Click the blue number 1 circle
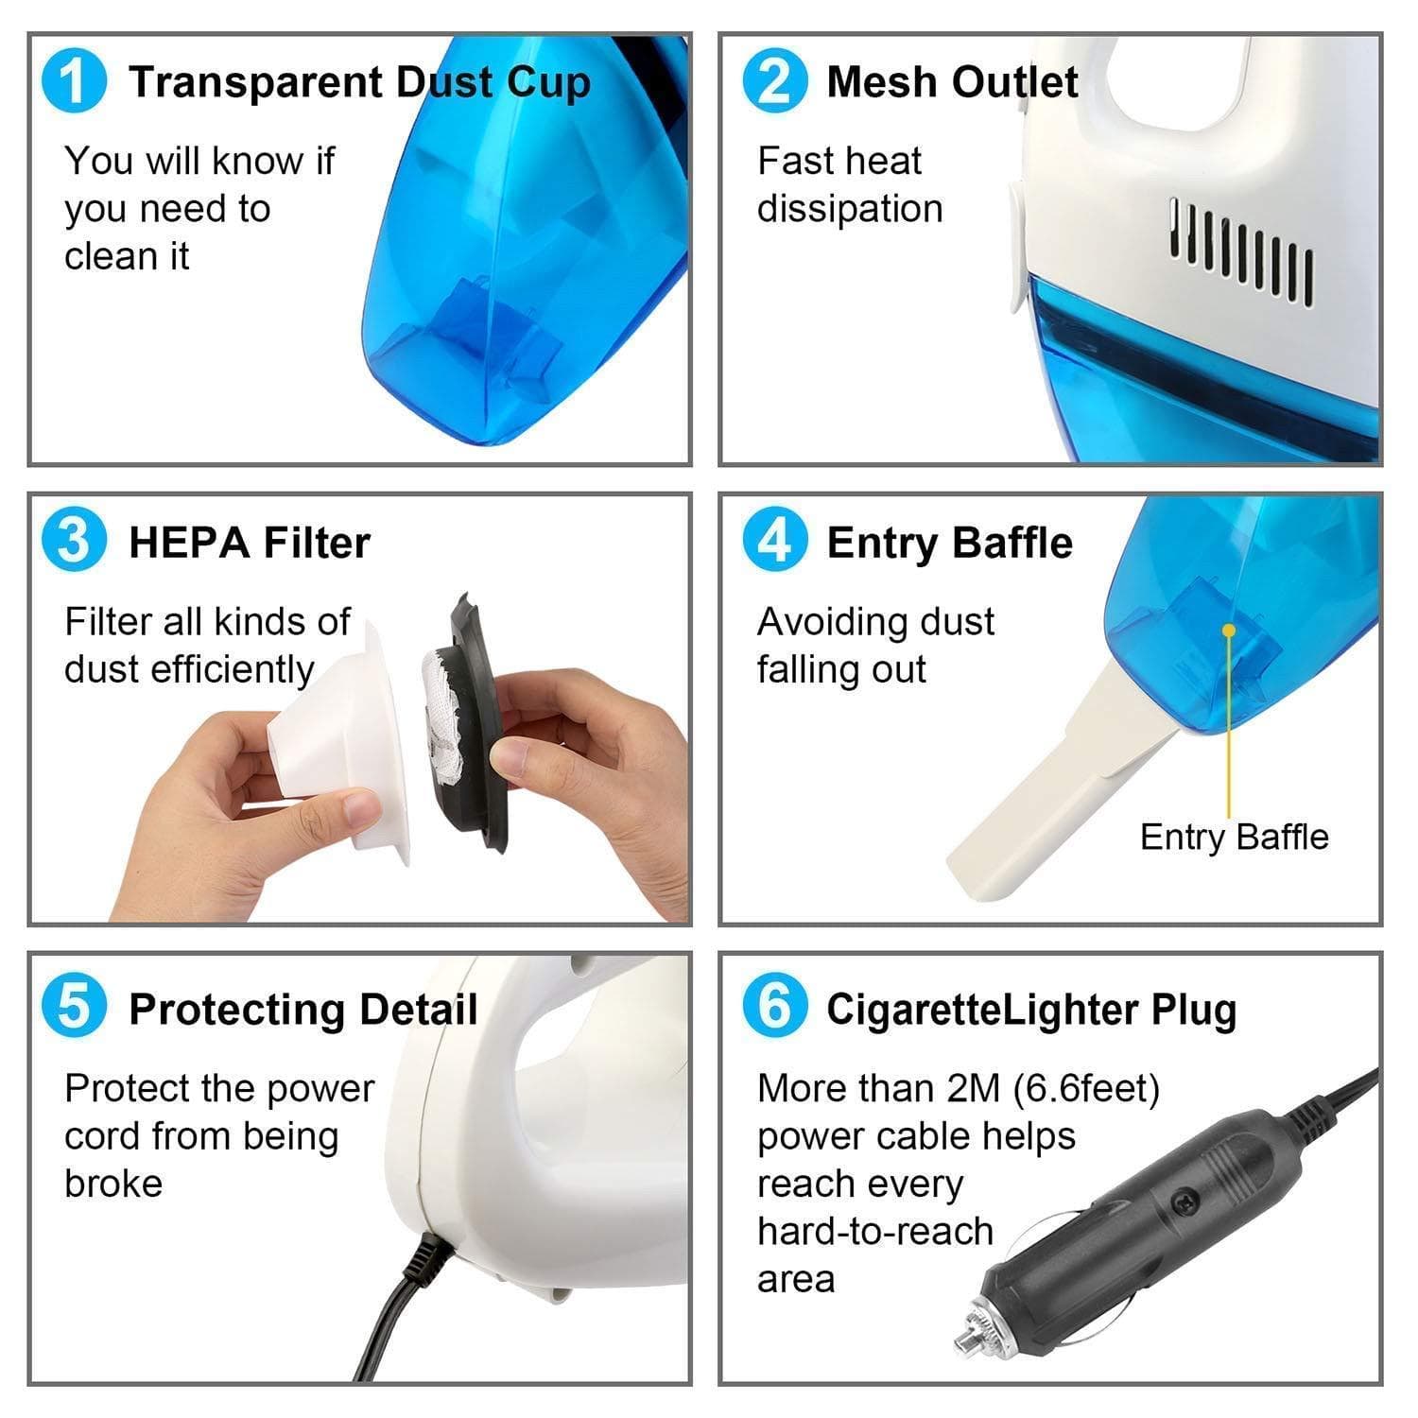pyautogui.click(x=74, y=81)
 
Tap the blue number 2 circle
pyautogui.click(x=774, y=81)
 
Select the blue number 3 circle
pyautogui.click(x=74, y=542)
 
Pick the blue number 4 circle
pyautogui.click(x=774, y=542)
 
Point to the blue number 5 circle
pyautogui.click(x=74, y=1008)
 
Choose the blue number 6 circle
pyautogui.click(x=774, y=1008)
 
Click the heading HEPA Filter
pyautogui.click(x=249, y=543)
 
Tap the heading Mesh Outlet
pyautogui.click(x=951, y=82)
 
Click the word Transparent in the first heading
pyautogui.click(x=254, y=82)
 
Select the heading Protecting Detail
pyautogui.click(x=303, y=1010)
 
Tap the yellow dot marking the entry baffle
pyautogui.click(x=1229, y=630)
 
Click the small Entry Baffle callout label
pyautogui.click(x=1234, y=837)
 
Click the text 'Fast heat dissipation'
pyautogui.click(x=849, y=184)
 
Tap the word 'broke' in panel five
pyautogui.click(x=113, y=1184)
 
